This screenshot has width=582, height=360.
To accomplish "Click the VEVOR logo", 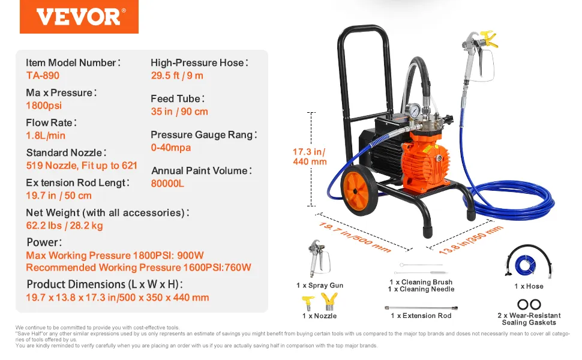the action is click(x=79, y=17).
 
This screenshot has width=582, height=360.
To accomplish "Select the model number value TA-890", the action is click(x=43, y=76).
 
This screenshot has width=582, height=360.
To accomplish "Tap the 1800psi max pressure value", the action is click(x=44, y=106).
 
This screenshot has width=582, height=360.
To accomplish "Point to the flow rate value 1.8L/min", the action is click(x=46, y=136).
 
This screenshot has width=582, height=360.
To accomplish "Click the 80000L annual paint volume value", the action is click(x=167, y=184).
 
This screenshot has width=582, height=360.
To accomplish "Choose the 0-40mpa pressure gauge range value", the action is click(x=171, y=148).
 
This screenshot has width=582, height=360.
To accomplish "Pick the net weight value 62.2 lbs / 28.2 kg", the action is click(x=65, y=225).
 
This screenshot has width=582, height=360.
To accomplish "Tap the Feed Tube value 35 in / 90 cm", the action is click(x=179, y=112).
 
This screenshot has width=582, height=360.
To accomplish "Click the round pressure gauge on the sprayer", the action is click(x=413, y=110).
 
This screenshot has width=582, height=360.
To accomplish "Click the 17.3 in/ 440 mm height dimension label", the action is click(x=310, y=157).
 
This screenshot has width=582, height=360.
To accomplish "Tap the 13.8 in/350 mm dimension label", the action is click(x=470, y=239).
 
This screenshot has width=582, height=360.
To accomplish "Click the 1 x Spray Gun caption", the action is click(x=320, y=285).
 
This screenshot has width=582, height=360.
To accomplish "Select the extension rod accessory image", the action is click(x=421, y=308).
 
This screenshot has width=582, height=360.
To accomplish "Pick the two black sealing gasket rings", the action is click(x=529, y=304).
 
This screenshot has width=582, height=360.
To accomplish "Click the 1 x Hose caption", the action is click(x=529, y=286).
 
